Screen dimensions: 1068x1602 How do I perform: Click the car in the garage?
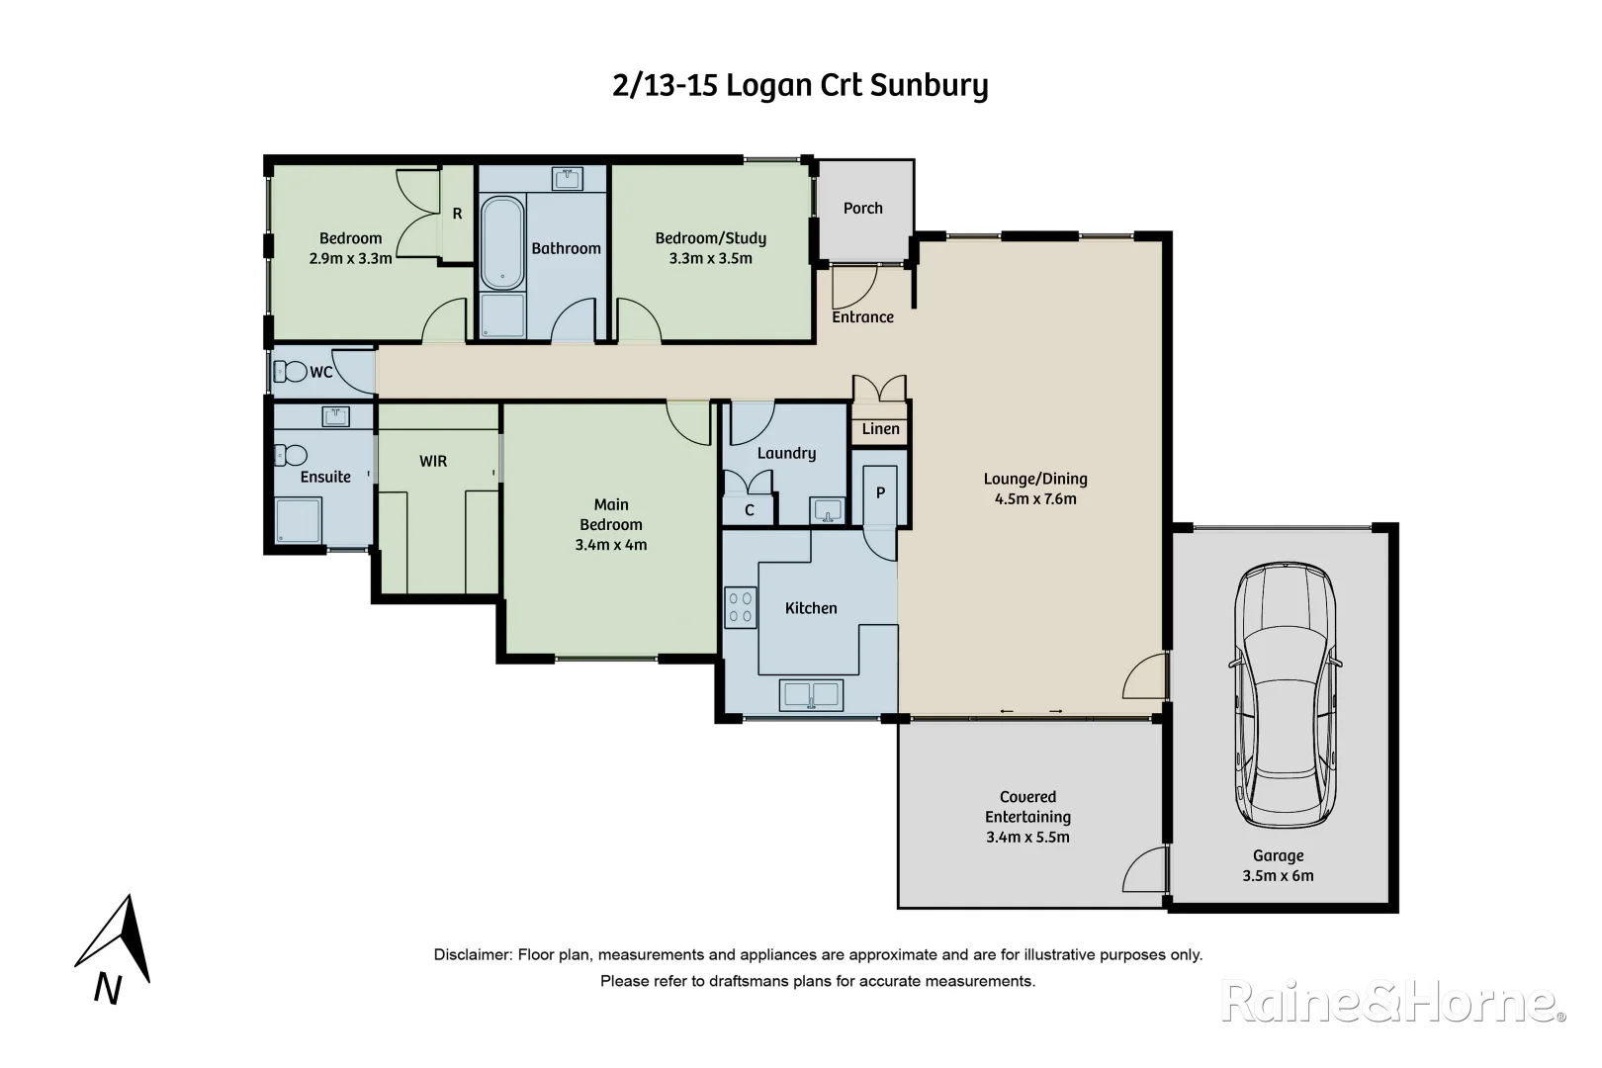pyautogui.click(x=1284, y=697)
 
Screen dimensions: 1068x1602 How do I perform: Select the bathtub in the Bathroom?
pyautogui.click(x=502, y=243)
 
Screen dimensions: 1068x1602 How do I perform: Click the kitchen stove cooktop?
pyautogui.click(x=741, y=608)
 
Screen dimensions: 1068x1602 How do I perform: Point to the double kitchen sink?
pyautogui.click(x=811, y=695)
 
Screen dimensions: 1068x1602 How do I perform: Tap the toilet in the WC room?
pyautogui.click(x=290, y=373)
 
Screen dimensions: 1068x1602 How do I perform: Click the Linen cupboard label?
pyautogui.click(x=880, y=429)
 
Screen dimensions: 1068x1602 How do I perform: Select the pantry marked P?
pyautogui.click(x=879, y=493)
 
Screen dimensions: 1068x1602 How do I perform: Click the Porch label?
pyautogui.click(x=862, y=209)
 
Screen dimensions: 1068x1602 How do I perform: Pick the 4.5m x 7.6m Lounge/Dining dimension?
pyautogui.click(x=1034, y=499)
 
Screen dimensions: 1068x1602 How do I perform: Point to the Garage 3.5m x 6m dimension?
pyautogui.click(x=1278, y=876)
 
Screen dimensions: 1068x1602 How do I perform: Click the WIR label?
pyautogui.click(x=433, y=462)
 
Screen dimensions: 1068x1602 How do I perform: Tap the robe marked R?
pyautogui.click(x=457, y=214)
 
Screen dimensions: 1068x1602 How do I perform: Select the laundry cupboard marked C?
pyautogui.click(x=750, y=510)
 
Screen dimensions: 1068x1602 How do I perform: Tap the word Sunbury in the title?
pyautogui.click(x=929, y=86)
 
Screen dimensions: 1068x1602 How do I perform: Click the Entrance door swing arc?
pyautogui.click(x=852, y=288)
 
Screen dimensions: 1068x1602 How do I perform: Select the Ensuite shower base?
pyautogui.click(x=298, y=521)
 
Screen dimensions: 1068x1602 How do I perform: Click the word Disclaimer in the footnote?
pyautogui.click(x=472, y=955)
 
